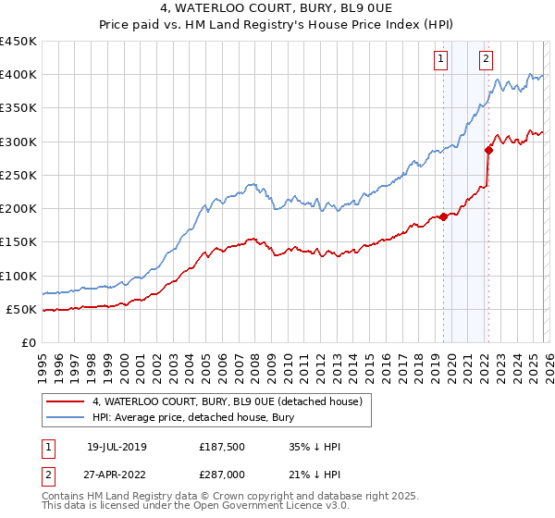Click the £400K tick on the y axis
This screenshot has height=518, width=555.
(18, 75)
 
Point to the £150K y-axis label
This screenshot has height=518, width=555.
(18, 241)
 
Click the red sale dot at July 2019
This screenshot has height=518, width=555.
(443, 217)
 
